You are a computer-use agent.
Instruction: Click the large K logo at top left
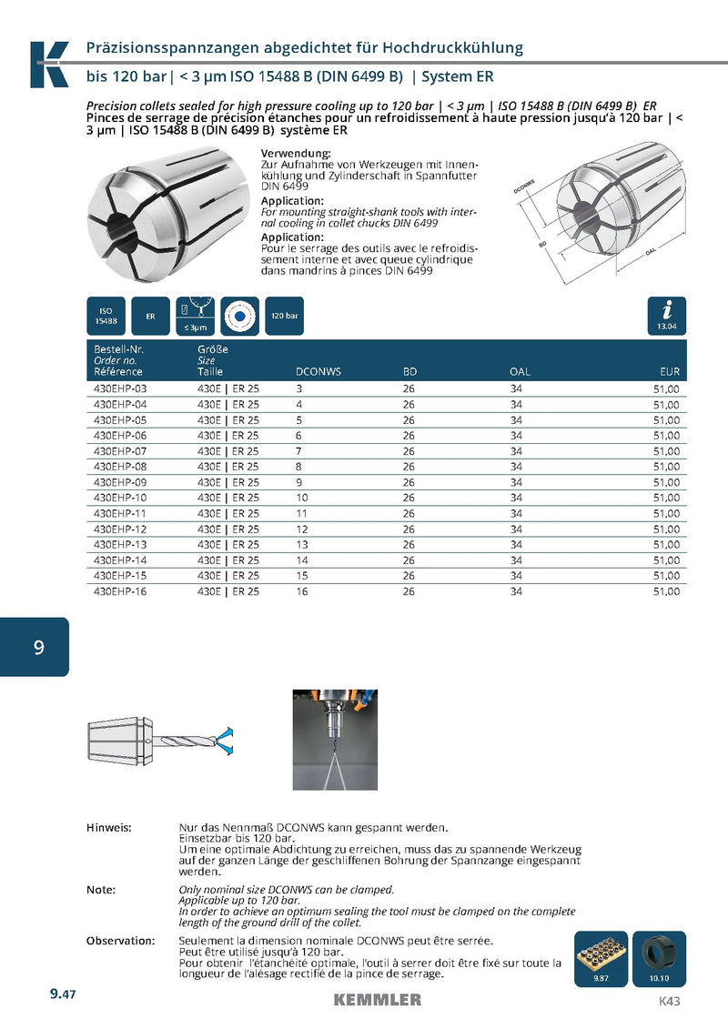click(x=48, y=65)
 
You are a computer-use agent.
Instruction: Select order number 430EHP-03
click(x=120, y=388)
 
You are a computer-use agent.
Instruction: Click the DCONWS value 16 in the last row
click(x=302, y=591)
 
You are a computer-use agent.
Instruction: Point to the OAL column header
click(x=520, y=371)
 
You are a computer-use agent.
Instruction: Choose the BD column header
click(x=409, y=371)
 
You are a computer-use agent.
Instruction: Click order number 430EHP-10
click(x=120, y=498)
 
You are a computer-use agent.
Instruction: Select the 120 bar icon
click(x=284, y=316)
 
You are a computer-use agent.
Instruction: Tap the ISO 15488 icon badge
click(x=106, y=316)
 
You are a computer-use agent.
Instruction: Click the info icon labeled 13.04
click(x=667, y=316)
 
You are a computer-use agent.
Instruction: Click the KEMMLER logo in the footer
click(x=377, y=999)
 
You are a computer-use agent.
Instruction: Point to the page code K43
click(x=669, y=1001)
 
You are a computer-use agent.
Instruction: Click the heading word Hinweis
click(x=108, y=827)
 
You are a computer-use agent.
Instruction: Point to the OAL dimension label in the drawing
click(x=651, y=251)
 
